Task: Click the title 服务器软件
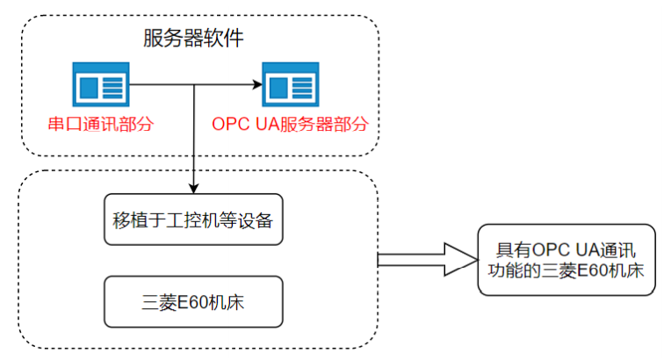coord(192,38)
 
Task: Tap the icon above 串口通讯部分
coord(100,85)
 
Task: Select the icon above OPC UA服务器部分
coord(290,85)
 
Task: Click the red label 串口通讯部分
coord(100,124)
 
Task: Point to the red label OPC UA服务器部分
coord(289,124)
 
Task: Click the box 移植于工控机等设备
coord(193,220)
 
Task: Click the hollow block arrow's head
coord(457,259)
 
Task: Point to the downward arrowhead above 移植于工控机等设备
coord(193,186)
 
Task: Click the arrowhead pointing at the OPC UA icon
coord(257,85)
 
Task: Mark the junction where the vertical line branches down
coord(193,85)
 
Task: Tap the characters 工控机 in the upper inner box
coord(202,220)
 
